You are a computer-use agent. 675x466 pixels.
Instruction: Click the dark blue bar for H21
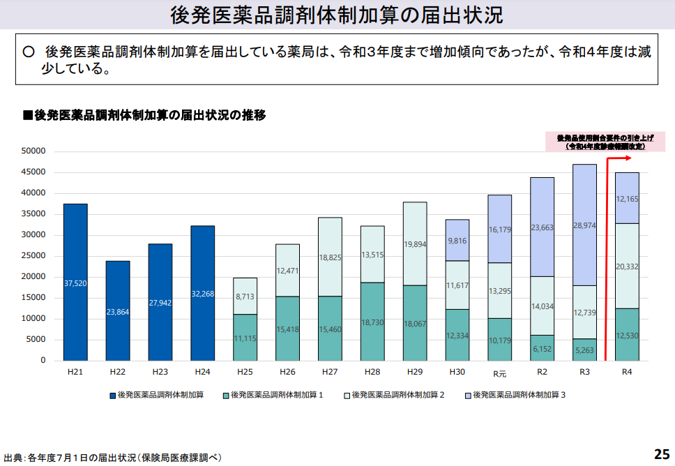[x=75, y=282]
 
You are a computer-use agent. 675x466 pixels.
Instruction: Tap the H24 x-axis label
[x=203, y=373]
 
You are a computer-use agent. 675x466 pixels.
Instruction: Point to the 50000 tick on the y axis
[x=33, y=151]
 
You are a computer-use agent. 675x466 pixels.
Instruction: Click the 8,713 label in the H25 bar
[x=245, y=296]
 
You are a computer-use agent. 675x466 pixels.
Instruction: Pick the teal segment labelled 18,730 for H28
[x=372, y=322]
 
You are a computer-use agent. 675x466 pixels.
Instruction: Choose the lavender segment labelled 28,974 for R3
[x=584, y=225]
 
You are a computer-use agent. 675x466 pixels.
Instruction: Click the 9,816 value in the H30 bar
[x=457, y=241]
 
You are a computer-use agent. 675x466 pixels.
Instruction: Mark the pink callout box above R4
[x=605, y=142]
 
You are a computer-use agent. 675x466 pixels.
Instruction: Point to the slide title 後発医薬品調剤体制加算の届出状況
[x=337, y=15]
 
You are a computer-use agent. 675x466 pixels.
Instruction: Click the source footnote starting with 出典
[x=112, y=458]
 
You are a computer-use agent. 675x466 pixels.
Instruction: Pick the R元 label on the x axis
[x=500, y=373]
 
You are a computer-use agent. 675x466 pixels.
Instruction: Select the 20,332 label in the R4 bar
[x=627, y=266]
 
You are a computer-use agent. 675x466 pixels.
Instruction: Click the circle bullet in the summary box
[x=29, y=52]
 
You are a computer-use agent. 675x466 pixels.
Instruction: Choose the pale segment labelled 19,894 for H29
[x=415, y=244]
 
